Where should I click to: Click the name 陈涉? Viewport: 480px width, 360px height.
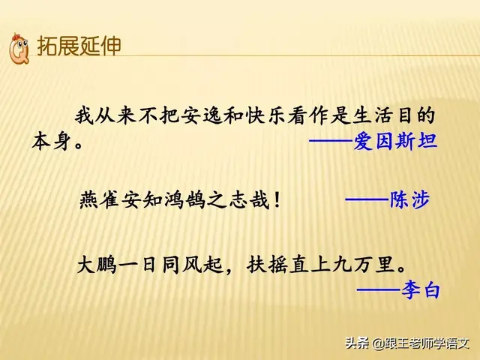point(409,200)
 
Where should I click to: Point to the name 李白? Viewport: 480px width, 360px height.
point(420,289)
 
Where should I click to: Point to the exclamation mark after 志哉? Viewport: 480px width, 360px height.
point(277,201)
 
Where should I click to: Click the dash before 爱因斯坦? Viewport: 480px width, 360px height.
point(330,142)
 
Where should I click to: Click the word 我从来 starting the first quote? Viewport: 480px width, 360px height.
point(101,117)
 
